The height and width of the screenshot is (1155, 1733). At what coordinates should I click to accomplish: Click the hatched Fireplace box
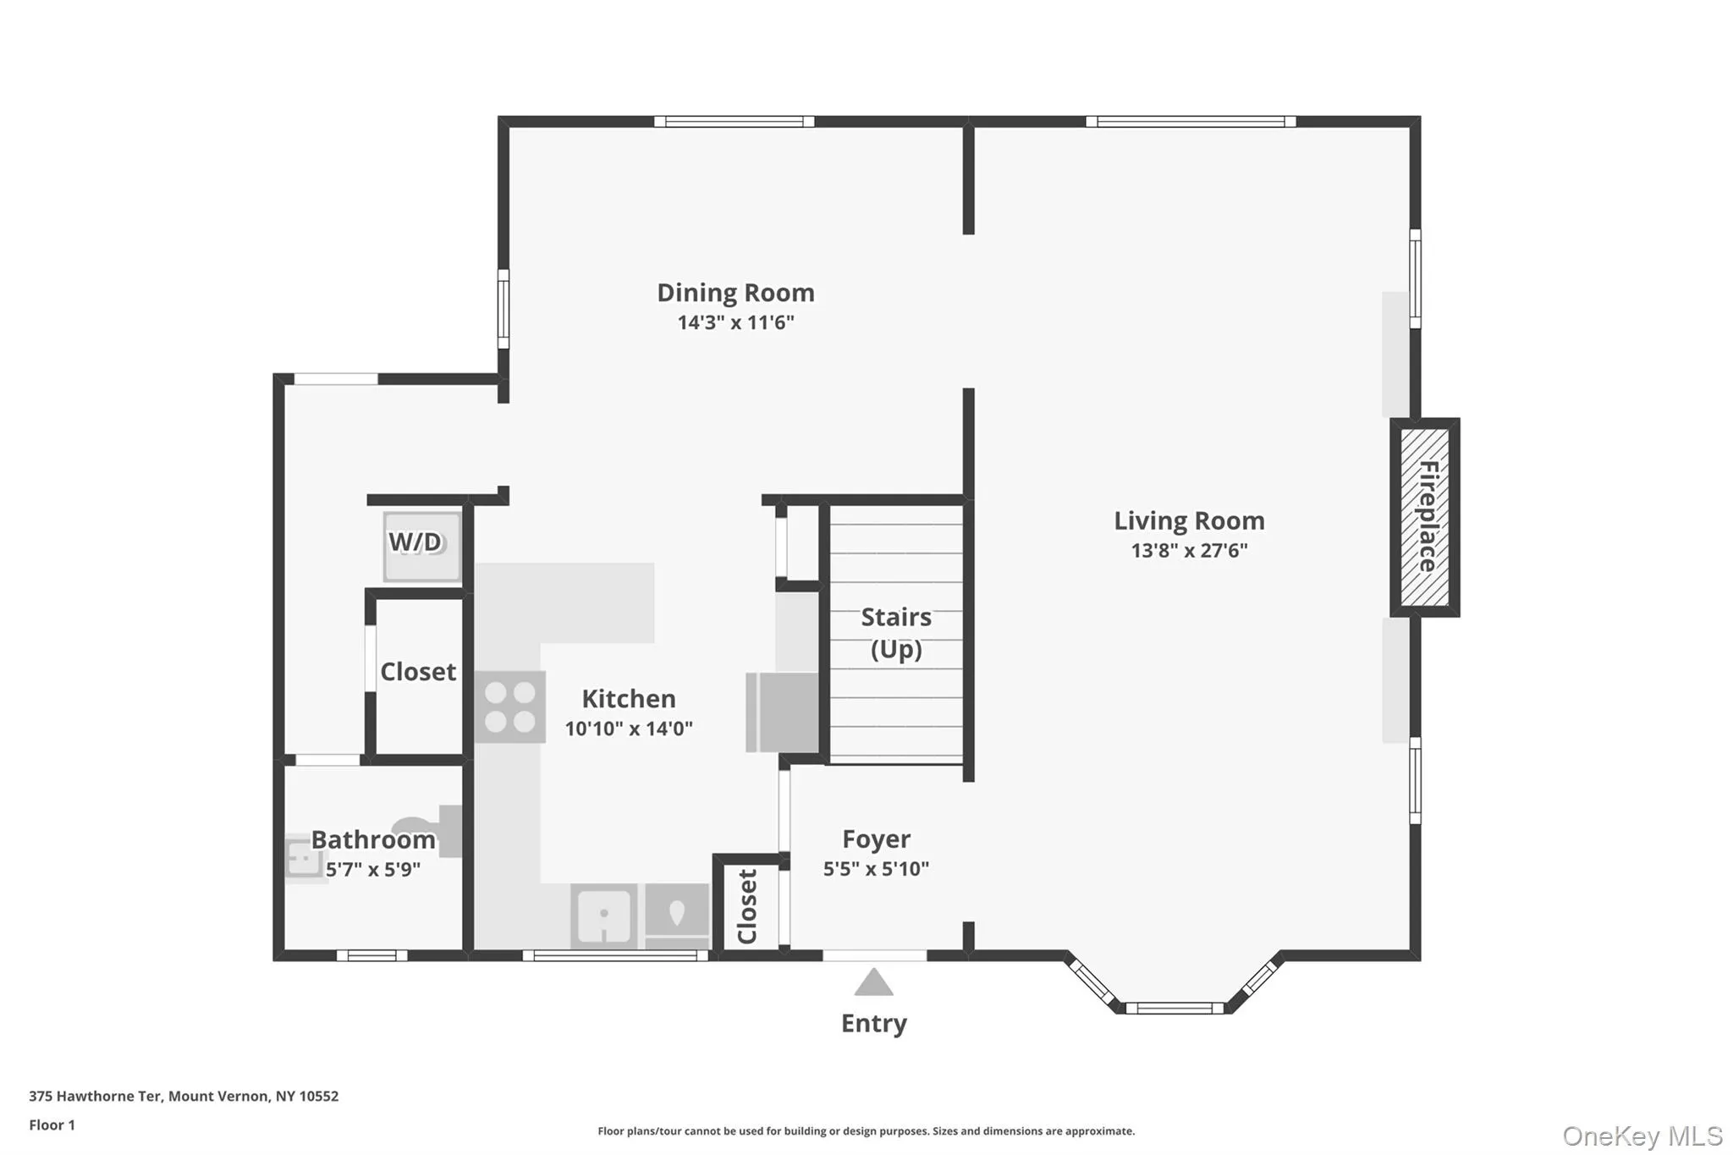coord(1425,517)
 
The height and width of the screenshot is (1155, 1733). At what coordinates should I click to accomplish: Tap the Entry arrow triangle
coord(873,984)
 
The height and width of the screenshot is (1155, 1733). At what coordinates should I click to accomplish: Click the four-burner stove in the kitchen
coord(509,707)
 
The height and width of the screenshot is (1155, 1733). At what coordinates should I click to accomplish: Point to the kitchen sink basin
coord(603,916)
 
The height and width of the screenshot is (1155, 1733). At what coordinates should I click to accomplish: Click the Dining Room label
coord(735,293)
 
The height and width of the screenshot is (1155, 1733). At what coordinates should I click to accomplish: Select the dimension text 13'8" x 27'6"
coord(1189,551)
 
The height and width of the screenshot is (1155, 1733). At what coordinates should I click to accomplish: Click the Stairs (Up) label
coord(895,633)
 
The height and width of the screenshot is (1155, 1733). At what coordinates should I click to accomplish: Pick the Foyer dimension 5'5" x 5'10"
coord(876,869)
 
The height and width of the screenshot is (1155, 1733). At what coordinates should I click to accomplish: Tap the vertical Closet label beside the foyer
coord(746,906)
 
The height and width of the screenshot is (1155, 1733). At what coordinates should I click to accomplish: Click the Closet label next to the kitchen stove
coord(418,672)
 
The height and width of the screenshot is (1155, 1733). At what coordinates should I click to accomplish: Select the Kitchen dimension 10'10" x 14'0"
coord(629,729)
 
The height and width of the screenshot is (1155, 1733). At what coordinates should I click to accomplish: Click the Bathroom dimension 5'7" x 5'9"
coord(372,870)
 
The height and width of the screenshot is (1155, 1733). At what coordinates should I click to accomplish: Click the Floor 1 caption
coord(52,1125)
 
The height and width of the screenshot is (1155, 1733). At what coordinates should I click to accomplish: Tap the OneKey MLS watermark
coord(1642,1136)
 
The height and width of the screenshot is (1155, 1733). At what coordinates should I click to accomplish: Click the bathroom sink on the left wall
coord(302,858)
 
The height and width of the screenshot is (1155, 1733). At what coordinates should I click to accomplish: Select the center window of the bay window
coord(1174,1008)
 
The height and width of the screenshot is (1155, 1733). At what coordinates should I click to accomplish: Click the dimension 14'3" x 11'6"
coord(735,322)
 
